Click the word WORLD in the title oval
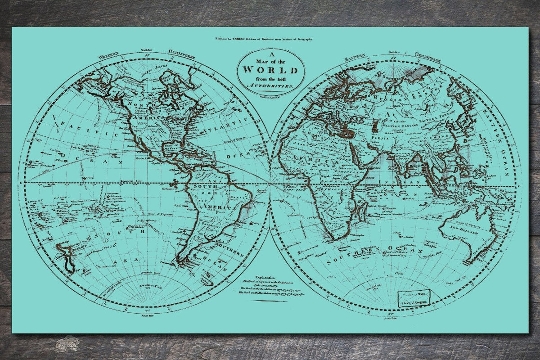[270, 70]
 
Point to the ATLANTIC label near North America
[228, 124]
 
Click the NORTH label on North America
[138, 104]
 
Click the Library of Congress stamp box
[413, 298]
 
